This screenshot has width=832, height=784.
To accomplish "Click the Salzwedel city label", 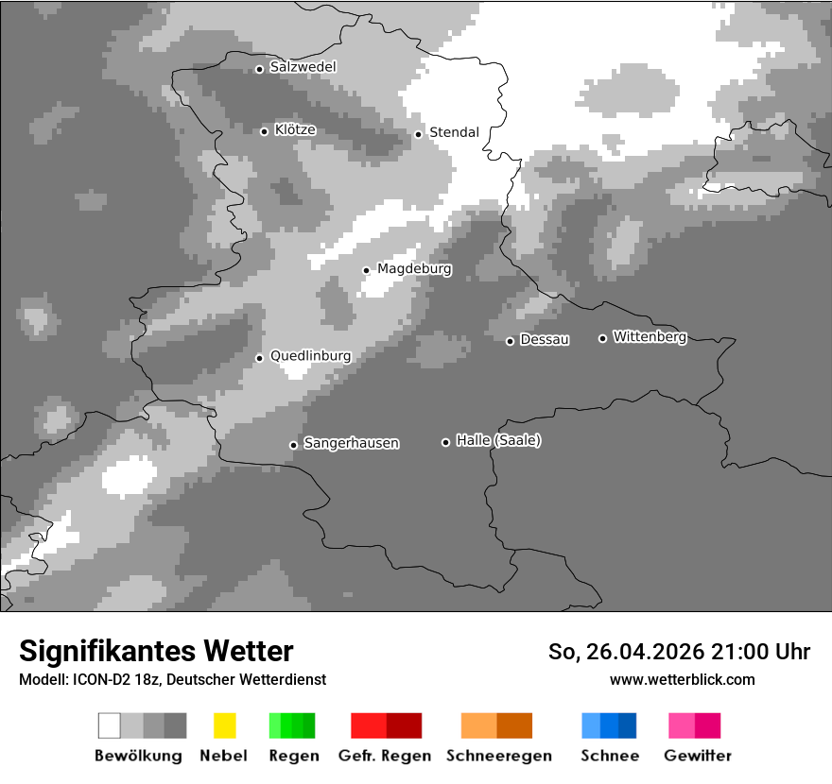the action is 303,67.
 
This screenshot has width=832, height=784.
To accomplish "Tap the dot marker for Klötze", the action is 264,131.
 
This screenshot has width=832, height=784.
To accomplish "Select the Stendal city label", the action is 454,132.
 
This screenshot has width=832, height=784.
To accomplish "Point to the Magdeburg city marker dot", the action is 366,270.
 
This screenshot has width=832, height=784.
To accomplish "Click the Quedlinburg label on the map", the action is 310,356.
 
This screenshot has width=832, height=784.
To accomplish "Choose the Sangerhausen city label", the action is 351,443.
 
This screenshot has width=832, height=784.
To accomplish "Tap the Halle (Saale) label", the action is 498,440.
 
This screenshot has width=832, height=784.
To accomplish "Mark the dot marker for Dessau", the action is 510,341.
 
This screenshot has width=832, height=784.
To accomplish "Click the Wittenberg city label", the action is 650,336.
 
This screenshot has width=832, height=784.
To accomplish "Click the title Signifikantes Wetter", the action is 156,651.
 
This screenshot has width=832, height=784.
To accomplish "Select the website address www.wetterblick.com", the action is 682,679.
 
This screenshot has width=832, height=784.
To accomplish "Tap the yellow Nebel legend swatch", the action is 224,725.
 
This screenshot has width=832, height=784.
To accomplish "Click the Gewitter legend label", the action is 698,756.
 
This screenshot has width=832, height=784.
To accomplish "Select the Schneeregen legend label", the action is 499,756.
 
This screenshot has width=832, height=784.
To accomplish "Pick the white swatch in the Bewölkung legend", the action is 110,725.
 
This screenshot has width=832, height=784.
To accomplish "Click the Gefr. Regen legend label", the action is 384,756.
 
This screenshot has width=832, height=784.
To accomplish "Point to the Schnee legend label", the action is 610,756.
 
